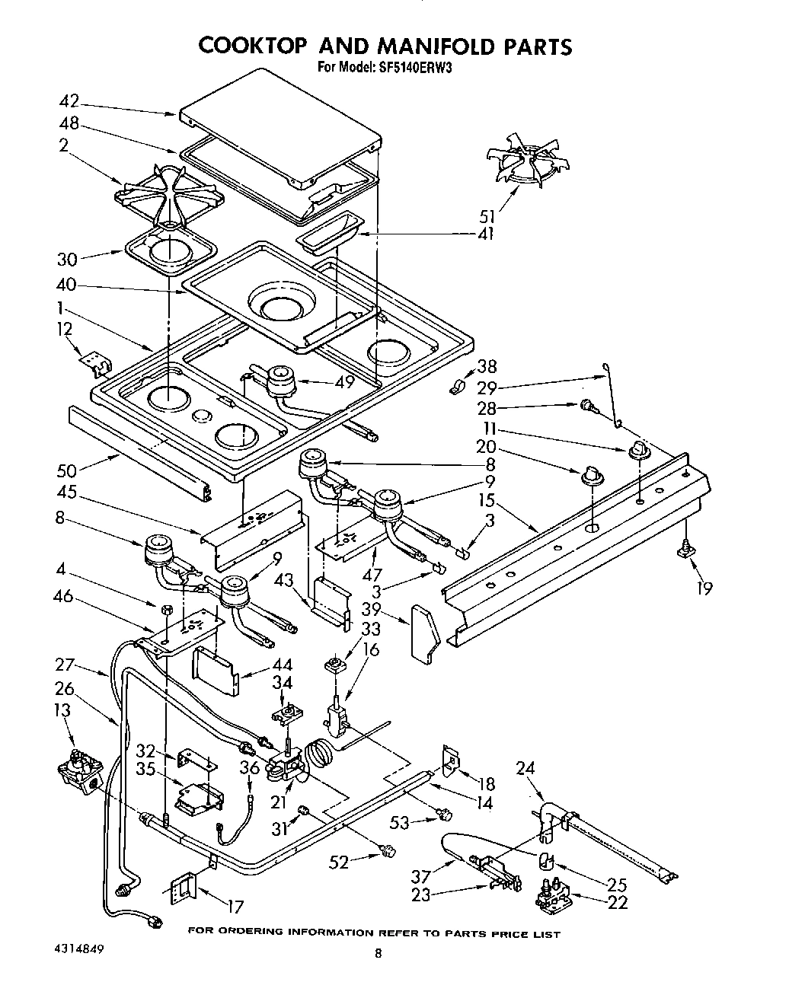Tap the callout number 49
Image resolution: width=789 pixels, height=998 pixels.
(344, 381)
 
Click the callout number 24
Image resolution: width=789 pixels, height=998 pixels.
(525, 768)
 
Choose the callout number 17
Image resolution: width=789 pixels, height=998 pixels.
(235, 907)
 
